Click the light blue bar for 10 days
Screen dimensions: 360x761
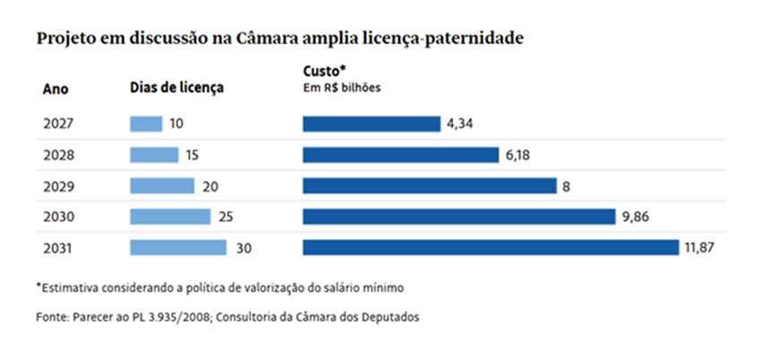[x=146, y=124]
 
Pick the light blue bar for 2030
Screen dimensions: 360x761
[x=170, y=217]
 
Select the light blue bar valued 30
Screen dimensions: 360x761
[x=178, y=247]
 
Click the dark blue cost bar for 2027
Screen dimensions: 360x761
[x=372, y=124]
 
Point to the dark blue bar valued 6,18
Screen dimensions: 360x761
[x=400, y=155]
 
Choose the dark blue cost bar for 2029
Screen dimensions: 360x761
[x=430, y=185]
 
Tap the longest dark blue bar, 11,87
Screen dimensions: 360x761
[x=491, y=247]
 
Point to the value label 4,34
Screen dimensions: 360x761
[x=459, y=124]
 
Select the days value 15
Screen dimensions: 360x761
[x=192, y=155]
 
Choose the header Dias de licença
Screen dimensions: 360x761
[x=176, y=88]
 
